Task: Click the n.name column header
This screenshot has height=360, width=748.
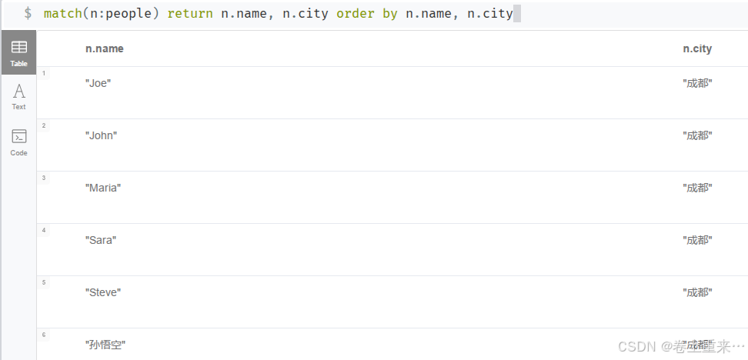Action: (104, 48)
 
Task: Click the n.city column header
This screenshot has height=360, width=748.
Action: (697, 48)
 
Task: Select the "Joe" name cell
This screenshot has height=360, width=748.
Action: (99, 83)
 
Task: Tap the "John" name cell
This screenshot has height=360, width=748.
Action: (101, 135)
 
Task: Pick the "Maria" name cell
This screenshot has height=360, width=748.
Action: (103, 188)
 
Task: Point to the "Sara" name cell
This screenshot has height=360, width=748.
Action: (101, 240)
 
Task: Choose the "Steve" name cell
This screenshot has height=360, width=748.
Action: (103, 292)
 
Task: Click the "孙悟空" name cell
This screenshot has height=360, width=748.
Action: (105, 345)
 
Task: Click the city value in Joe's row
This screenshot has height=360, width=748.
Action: (697, 83)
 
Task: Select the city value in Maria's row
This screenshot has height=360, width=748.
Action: (697, 188)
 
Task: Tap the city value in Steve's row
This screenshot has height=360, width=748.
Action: (697, 292)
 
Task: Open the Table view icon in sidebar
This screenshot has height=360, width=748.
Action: (18, 52)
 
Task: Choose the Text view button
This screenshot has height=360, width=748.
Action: (18, 96)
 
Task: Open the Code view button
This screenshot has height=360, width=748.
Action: (18, 142)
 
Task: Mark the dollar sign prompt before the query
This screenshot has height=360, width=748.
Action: (28, 14)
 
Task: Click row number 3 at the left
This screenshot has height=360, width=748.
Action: (44, 178)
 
